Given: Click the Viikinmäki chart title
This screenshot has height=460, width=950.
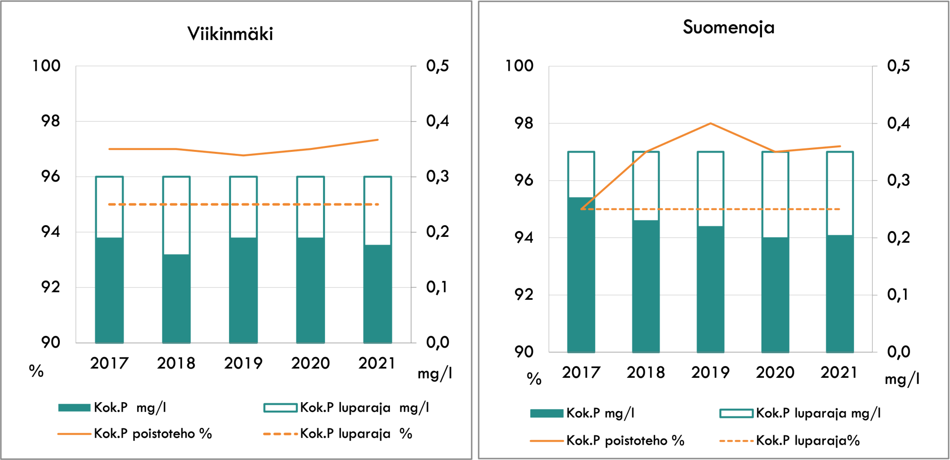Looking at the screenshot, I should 230,34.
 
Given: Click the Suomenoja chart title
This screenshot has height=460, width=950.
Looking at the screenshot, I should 728,27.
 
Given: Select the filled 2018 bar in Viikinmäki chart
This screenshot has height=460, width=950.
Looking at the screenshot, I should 176,298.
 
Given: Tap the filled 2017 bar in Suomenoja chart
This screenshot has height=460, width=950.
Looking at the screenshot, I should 581,275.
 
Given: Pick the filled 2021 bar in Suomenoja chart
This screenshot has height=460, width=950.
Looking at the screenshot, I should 840,293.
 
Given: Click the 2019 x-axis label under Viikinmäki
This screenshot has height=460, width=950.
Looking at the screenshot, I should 243,364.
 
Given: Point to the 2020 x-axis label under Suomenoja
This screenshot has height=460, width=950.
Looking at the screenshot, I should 775,372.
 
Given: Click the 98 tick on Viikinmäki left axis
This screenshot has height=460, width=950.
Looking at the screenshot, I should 50,121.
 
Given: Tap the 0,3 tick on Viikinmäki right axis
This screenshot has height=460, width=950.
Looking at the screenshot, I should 437,177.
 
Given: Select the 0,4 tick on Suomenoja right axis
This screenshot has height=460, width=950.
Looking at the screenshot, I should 898,123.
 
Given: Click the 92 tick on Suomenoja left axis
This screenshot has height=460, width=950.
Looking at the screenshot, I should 523,295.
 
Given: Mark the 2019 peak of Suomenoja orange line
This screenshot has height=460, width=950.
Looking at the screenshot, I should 711,123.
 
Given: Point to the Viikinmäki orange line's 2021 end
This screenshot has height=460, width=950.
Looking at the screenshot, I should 378,140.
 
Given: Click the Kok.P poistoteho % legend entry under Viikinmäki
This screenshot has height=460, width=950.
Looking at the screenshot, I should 152,434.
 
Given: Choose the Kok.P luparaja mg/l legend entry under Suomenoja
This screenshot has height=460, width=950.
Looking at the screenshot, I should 818,413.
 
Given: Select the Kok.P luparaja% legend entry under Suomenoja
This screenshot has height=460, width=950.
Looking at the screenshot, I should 807,440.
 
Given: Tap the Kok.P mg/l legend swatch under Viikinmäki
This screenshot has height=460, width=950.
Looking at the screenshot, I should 74,408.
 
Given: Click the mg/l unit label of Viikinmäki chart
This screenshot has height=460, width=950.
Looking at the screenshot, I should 434,373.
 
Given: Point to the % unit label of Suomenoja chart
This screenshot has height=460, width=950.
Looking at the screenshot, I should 534,379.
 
